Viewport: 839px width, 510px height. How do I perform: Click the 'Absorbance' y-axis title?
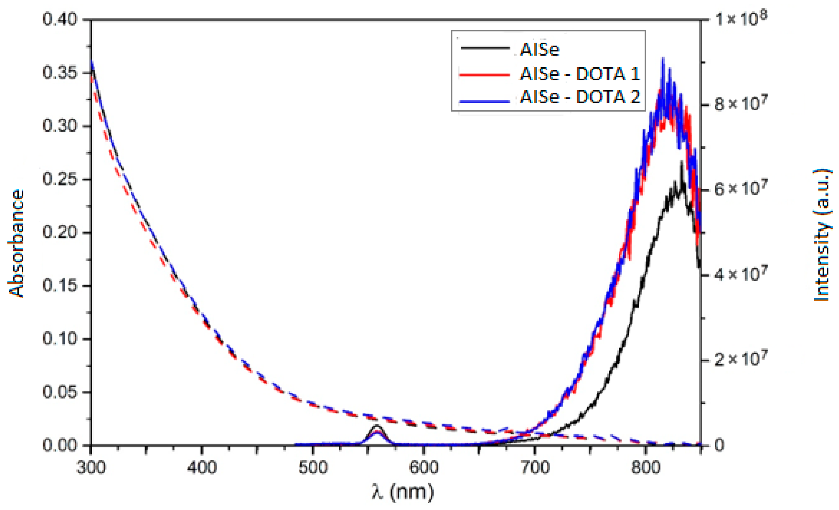(16, 243)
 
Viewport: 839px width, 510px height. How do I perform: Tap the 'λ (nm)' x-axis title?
(403, 492)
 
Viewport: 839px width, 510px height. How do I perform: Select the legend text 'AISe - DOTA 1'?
(580, 73)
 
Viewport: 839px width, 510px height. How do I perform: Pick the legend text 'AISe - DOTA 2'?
(580, 97)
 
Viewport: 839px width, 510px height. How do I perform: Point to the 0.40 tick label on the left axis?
(60, 19)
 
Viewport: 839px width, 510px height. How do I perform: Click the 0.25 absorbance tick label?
(60, 179)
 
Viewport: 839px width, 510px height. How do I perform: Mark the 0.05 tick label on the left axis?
(60, 392)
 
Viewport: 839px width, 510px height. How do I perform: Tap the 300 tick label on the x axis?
(91, 467)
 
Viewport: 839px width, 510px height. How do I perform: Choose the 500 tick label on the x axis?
(313, 467)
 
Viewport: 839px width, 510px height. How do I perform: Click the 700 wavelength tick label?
(534, 467)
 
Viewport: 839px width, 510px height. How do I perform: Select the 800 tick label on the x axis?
(645, 467)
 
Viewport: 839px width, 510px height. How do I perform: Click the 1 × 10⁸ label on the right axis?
(740, 19)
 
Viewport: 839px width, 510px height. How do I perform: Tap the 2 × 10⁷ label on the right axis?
(740, 359)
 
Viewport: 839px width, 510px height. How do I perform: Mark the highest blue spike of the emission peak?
(663, 59)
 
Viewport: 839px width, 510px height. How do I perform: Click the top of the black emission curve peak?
(682, 163)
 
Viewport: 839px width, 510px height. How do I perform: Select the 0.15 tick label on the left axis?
(60, 285)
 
